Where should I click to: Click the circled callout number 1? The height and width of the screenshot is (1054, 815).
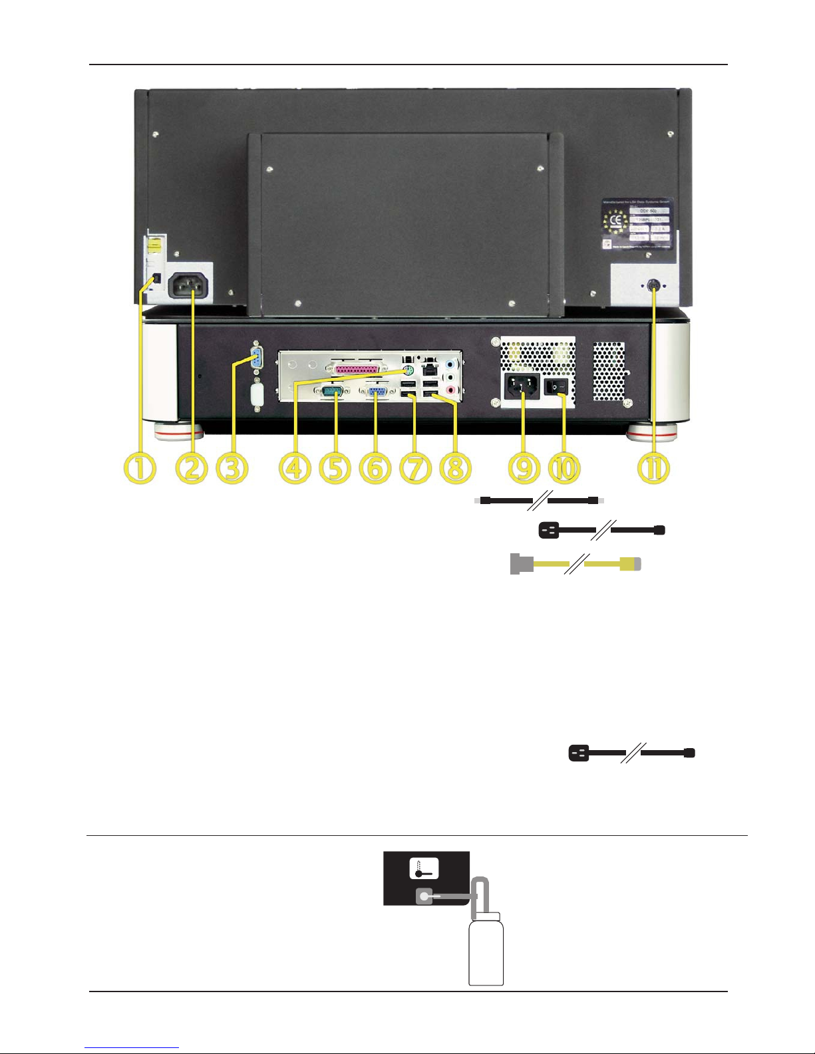click(140, 468)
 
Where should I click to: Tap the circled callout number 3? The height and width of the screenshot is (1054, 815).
click(232, 468)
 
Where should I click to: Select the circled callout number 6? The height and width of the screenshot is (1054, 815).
click(375, 468)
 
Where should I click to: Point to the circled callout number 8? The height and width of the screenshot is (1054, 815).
click(455, 468)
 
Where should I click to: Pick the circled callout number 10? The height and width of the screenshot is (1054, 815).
click(564, 468)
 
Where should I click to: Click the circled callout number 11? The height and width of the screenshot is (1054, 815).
click(653, 468)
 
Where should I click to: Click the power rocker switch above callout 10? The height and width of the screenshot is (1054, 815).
click(556, 386)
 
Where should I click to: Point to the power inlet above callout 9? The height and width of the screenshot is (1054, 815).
click(522, 386)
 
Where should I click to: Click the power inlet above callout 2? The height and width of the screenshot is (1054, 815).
click(190, 287)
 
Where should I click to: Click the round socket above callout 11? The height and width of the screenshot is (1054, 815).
click(653, 285)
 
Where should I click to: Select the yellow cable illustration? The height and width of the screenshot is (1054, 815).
click(575, 564)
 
